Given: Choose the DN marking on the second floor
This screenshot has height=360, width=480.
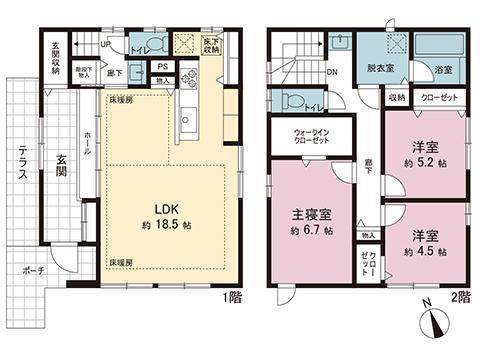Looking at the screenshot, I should (331, 71).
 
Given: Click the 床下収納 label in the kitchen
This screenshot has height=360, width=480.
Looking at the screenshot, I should (211, 45).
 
